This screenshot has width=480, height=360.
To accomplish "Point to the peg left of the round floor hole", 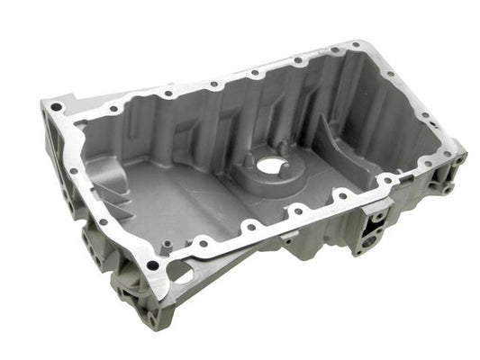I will click(x=248, y=158).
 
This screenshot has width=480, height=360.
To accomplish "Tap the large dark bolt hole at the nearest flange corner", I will click(x=154, y=265).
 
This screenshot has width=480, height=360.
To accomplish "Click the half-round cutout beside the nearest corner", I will click(x=181, y=271).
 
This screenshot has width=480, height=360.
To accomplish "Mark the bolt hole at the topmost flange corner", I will click(x=357, y=44).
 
